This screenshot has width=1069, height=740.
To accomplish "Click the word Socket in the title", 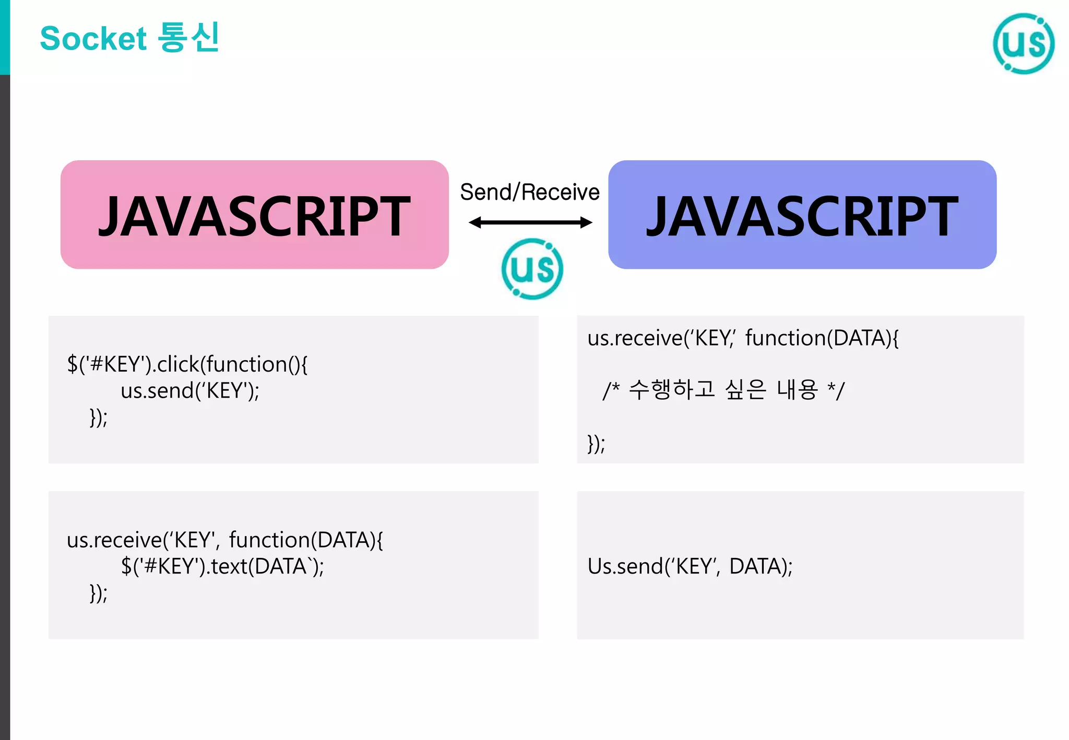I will point(93,39).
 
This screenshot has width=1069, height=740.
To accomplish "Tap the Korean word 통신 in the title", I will point(188,38).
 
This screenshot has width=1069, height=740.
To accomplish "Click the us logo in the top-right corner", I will point(1023,44).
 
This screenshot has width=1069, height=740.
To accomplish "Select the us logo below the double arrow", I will point(532,269).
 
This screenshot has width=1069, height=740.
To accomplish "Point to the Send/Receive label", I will point(529,192).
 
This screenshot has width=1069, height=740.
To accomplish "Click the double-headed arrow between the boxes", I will point(530,223).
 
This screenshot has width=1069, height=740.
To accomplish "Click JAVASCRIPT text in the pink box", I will point(254,216).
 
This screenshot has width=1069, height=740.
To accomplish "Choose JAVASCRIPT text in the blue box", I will point(802,216).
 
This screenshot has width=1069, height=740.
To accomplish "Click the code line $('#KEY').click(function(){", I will point(187,364).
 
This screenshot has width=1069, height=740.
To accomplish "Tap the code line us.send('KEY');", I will point(190,390).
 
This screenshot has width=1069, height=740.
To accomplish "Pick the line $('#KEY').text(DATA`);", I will point(222,566).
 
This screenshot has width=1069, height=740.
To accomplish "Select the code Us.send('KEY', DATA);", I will point(690,566).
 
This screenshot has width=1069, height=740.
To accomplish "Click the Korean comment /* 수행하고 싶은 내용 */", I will point(723,390).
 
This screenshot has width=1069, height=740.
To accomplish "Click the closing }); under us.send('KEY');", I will point(99,417).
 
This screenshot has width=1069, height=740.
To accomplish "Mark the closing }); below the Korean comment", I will point(596,444).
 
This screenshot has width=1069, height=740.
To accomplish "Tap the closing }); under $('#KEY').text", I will point(99,593).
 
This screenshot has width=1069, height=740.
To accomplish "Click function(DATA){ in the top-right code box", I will point(822,338).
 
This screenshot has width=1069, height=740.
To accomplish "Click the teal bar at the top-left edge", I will point(5,37).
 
